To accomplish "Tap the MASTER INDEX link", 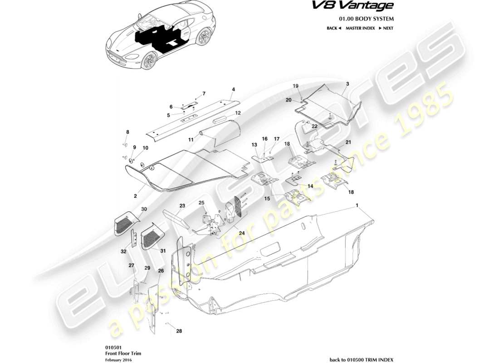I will point(360,28).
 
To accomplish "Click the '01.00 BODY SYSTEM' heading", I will point(367,19).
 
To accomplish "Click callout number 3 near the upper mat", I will point(347,84).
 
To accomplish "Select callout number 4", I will point(233,89).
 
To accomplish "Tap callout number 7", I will point(204,93).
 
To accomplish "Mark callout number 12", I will point(237,113).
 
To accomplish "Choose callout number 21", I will point(348,142).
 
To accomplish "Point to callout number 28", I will point(179,331).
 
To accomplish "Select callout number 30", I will point(144,209).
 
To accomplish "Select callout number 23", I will point(182,206).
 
